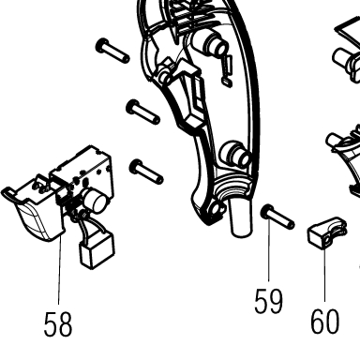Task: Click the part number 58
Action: coord(58,324)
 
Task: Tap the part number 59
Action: coord(268,301)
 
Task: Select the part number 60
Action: coord(324,321)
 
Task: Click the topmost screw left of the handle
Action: coord(112,51)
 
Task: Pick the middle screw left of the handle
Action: coord(142,112)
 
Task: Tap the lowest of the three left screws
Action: coord(146,172)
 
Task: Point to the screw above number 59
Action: coord(277,217)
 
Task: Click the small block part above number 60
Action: coord(327,233)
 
